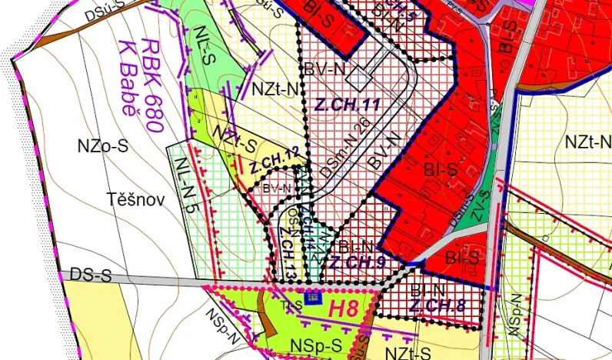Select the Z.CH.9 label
[x=357, y=263]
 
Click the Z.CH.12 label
[x=274, y=160]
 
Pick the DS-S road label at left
[x=91, y=274]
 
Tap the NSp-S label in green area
[x=314, y=346]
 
